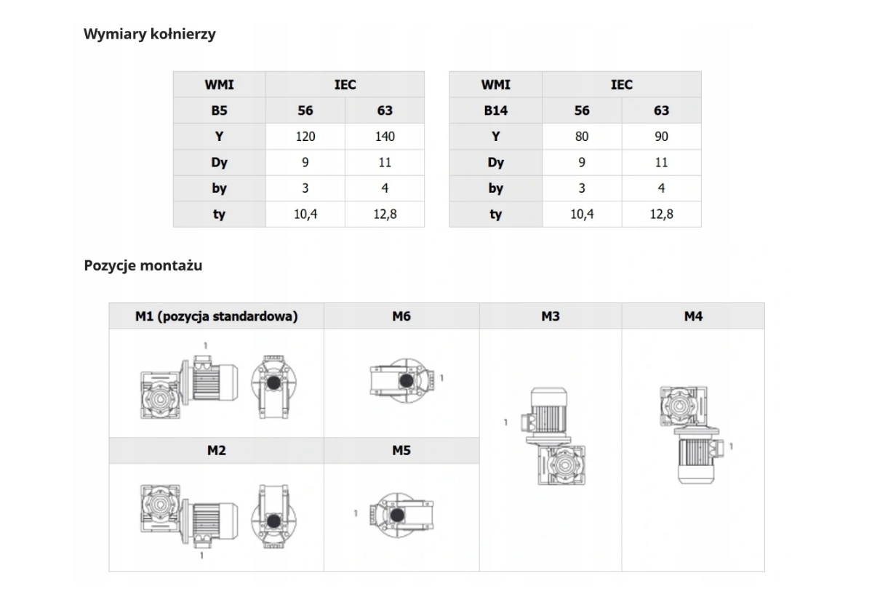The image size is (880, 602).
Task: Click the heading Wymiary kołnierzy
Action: click(150, 34)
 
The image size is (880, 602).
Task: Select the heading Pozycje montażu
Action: click(143, 265)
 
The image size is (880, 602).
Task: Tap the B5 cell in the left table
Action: click(219, 111)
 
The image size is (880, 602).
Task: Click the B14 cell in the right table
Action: click(496, 111)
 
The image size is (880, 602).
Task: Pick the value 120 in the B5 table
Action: click(305, 136)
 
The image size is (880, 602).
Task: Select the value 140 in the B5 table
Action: click(385, 136)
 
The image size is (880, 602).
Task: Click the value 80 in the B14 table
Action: click(582, 136)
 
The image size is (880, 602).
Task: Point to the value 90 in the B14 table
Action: click(661, 136)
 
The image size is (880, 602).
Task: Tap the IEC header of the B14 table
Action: click(622, 84)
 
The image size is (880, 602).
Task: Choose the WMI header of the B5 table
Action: click(219, 84)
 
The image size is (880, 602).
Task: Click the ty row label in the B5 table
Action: click(219, 214)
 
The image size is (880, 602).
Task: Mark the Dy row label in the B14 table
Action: click(496, 163)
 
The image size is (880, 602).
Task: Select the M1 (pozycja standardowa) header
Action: click(217, 316)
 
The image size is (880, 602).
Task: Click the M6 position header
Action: click(401, 316)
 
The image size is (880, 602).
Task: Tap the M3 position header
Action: click(551, 316)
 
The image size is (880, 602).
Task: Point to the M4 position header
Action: click(693, 316)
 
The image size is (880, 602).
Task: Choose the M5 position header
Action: click(401, 450)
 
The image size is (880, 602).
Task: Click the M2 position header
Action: click(217, 450)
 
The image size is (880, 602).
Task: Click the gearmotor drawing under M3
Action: click(553, 436)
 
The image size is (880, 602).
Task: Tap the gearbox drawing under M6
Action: click(402, 380)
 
